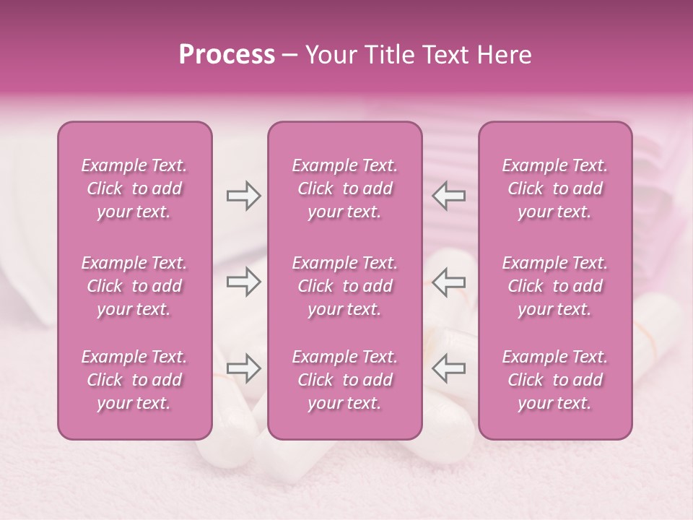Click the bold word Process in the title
227,55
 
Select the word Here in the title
504,55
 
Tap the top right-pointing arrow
243,196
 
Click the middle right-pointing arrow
243,282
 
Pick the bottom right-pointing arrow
243,368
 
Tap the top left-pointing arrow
449,196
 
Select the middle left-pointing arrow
449,282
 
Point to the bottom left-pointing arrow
449,368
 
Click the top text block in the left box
134,188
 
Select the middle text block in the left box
134,286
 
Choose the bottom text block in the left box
134,380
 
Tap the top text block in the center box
344,188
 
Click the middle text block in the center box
344,286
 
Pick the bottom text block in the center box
344,380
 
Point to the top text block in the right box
555,188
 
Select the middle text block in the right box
555,286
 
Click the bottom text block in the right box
555,380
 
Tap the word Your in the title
328,55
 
